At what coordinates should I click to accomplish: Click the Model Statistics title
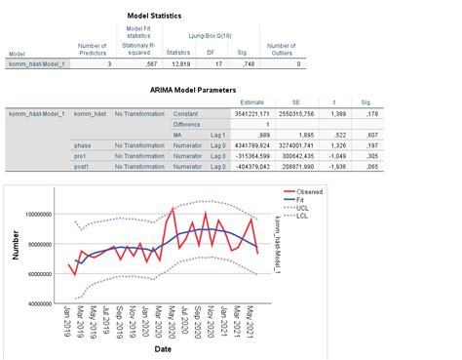[157, 17]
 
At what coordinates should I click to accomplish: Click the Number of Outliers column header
[281, 49]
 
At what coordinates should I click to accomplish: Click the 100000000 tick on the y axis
[39, 214]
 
